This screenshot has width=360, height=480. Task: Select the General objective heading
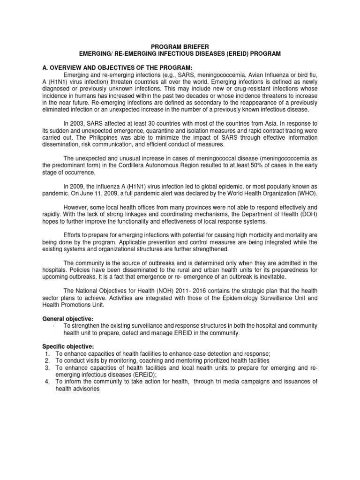(x=67, y=319)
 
